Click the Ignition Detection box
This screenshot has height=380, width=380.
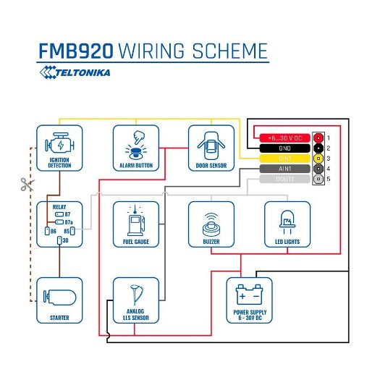(59, 148)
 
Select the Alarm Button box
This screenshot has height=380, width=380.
(135, 148)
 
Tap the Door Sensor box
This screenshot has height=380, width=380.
(211, 148)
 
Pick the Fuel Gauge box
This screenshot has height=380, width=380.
(135, 224)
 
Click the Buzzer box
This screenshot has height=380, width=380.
(211, 224)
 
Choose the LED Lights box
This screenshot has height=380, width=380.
(287, 224)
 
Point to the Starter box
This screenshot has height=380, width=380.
(59, 300)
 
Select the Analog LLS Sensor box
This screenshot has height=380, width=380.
(135, 300)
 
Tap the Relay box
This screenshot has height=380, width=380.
(59, 224)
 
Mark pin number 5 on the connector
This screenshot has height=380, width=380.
(328, 179)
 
